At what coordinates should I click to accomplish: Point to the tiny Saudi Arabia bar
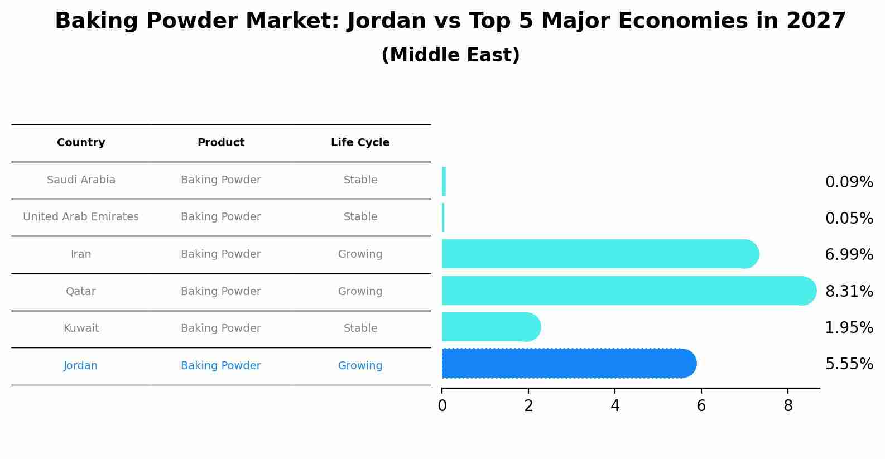pos(444,181)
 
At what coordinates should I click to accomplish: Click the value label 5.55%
pos(849,364)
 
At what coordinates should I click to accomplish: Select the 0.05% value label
pos(849,218)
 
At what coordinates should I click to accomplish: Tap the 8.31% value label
pos(849,291)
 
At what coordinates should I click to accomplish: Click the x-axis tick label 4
pos(615,406)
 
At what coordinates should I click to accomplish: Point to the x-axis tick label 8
pos(788,406)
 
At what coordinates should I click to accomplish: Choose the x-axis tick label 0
pos(442,406)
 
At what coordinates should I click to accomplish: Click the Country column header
pos(81,143)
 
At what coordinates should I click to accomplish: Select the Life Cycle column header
pos(360,143)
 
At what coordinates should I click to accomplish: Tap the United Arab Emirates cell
pos(81,217)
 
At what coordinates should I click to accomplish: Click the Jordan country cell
pos(80,366)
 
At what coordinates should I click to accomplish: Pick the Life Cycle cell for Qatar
pos(360,292)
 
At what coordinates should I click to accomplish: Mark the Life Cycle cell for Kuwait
pos(360,328)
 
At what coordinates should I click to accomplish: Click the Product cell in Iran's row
pos(220,254)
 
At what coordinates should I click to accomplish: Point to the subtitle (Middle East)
pos(450,55)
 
